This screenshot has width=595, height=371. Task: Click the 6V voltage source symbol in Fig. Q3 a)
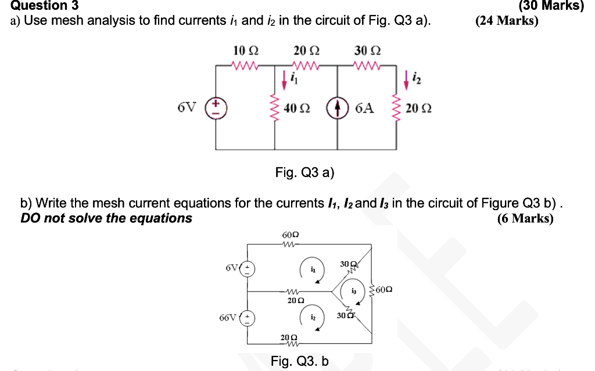point(217,108)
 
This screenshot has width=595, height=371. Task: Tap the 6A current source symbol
point(338,108)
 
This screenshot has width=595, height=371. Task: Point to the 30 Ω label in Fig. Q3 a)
point(367,51)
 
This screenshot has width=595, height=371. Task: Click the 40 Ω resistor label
point(297,109)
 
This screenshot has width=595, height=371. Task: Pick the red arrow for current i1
point(284,78)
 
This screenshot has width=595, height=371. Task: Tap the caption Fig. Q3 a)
point(305,172)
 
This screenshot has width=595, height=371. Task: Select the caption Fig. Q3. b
point(299,361)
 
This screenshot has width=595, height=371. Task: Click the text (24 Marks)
point(506,21)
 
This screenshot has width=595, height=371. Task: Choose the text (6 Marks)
point(525,219)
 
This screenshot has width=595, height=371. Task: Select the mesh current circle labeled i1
point(312,270)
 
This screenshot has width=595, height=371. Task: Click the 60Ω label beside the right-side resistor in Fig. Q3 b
point(385,289)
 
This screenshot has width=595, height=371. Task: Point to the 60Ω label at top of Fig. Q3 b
point(290,235)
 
